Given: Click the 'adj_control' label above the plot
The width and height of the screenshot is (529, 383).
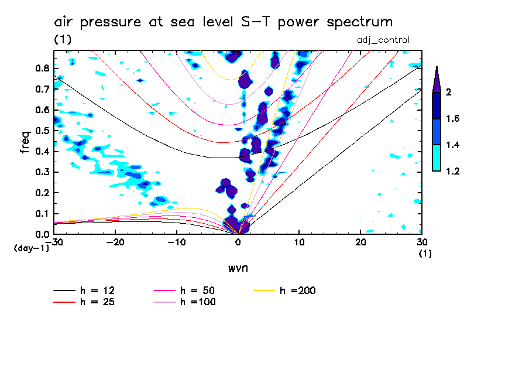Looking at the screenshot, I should coord(383,40).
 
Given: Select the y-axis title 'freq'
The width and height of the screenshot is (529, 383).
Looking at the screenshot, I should coord(25,142).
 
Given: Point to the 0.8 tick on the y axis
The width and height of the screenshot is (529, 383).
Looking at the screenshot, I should coord(43,68).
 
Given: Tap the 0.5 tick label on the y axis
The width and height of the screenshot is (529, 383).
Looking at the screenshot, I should coord(43,130).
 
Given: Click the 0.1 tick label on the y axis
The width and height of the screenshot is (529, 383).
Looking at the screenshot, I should coord(43,213).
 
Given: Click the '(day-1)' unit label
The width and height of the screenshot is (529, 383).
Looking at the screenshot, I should coord(31,248).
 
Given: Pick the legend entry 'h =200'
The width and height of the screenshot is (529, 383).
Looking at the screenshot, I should coord(299,290).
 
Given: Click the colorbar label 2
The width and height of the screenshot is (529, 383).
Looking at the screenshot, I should coord(449,92).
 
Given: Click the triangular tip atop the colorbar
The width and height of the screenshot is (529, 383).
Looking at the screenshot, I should coord(436,79).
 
